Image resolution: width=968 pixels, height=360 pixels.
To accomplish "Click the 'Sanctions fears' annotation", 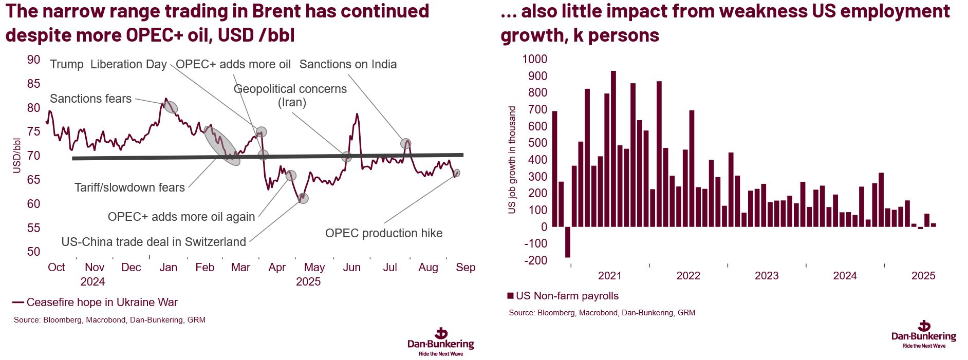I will coord(90,99).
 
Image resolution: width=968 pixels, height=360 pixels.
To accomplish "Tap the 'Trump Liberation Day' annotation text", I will coord(108,64).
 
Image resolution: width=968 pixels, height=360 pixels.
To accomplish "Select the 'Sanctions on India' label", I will coord(348,64).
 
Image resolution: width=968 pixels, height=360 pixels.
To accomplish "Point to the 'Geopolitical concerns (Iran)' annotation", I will coord(290,96).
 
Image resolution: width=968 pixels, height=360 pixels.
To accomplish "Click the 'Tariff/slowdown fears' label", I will coord(129,187).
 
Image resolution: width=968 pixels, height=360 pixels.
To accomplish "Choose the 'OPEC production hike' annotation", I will coord(384,233).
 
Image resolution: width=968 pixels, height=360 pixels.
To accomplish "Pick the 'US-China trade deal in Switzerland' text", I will coord(154,242).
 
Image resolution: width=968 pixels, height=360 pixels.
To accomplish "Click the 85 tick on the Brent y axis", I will coord(33,84).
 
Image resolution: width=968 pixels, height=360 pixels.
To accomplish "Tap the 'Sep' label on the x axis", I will coord(466,267).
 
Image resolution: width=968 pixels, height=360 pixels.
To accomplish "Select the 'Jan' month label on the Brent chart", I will coord(168,267).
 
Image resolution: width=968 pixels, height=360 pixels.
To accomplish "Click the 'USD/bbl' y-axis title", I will coord(17,155).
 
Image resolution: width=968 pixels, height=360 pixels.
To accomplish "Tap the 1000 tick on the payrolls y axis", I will coord(535,59).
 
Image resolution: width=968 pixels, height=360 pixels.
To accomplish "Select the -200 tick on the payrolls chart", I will coord(536,260).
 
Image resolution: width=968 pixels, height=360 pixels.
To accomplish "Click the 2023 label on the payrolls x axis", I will coord(767,276).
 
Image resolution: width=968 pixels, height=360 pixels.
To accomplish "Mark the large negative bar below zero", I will coord(568,242).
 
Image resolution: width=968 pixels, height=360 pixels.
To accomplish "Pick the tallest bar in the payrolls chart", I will coord(613,148).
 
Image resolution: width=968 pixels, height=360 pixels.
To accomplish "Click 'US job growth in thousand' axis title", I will coord(512,160).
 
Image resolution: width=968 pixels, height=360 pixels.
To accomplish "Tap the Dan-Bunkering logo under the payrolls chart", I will coord(924,334).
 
